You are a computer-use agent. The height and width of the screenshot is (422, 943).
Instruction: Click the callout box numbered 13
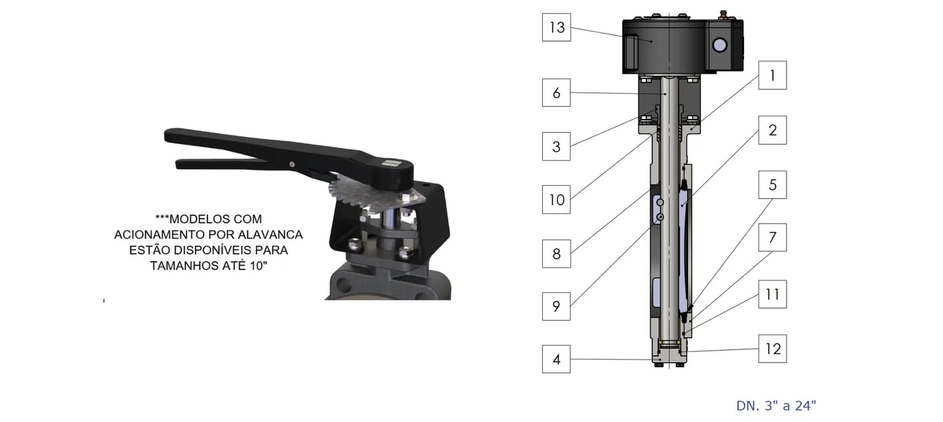pyautogui.click(x=556, y=27)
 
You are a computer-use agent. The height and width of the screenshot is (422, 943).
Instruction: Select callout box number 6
pyautogui.click(x=556, y=92)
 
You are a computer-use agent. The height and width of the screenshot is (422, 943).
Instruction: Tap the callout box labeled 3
pyautogui.click(x=556, y=147)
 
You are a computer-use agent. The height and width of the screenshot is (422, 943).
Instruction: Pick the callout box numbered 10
pyautogui.click(x=556, y=200)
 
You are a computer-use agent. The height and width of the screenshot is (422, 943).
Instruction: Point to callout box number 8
pyautogui.click(x=556, y=254)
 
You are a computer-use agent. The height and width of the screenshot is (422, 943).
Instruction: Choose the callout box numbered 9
pyautogui.click(x=556, y=306)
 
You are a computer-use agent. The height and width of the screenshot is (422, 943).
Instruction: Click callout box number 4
pyautogui.click(x=556, y=359)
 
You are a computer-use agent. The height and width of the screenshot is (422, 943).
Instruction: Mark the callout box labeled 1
pyautogui.click(x=773, y=75)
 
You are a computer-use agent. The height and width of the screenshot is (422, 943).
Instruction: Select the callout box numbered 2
pyautogui.click(x=773, y=130)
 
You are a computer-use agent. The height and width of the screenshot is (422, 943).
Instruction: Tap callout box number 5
pyautogui.click(x=773, y=185)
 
